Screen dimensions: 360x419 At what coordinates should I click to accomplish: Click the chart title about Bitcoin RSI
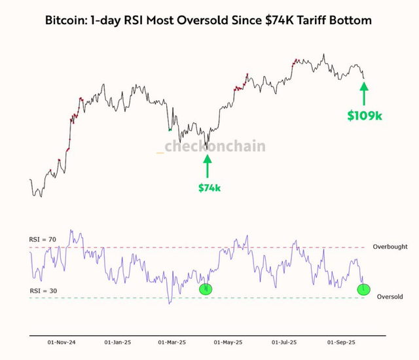pos(208,20)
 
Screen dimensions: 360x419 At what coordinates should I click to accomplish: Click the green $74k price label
pos(209,188)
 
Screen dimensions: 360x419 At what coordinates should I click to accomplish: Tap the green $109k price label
pos(365,115)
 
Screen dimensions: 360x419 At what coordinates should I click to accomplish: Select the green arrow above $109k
pos(365,92)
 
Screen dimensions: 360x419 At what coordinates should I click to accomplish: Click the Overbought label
pos(390,247)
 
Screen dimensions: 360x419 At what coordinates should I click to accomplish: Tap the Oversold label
pos(391,297)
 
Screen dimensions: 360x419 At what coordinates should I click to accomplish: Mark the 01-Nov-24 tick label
pos(61,342)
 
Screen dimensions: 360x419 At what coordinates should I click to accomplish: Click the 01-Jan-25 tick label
pos(118,342)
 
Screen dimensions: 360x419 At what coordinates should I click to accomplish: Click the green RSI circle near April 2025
pos(207,288)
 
